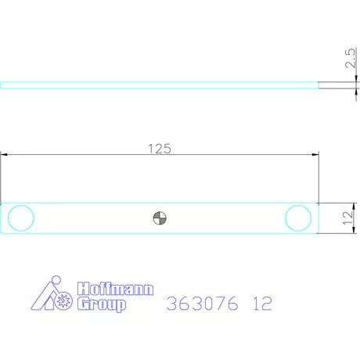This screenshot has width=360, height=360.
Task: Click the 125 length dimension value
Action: [159, 147]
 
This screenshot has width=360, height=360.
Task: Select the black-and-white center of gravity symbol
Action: [160, 218]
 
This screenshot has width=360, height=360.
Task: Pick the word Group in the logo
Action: [100, 304]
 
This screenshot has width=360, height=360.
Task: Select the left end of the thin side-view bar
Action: [2, 85]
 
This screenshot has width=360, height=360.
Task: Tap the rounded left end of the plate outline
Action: [3, 218]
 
